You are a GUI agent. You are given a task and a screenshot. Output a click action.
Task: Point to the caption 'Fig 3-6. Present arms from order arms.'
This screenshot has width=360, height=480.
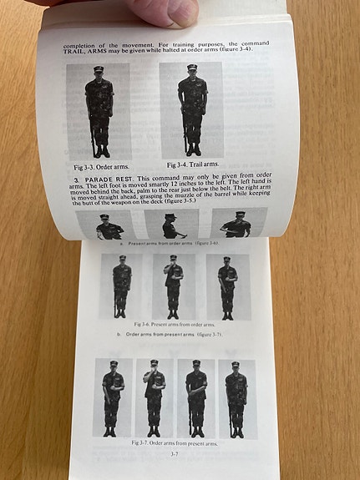[x=174, y=323]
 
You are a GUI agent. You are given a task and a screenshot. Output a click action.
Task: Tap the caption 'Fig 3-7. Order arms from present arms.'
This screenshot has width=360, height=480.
[x=174, y=443]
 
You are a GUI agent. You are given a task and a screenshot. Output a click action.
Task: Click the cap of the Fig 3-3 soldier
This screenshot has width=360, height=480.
[x=99, y=70]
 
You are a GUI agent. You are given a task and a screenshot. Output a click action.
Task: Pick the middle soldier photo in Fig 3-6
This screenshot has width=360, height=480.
[x=174, y=285]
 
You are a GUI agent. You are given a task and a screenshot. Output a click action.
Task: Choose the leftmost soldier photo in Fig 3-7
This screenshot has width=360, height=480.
[x=113, y=398]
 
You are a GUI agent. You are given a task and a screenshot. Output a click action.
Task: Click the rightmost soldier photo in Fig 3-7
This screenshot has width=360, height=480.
[x=236, y=398]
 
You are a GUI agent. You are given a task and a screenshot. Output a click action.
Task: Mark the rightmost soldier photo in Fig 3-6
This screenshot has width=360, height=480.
[x=226, y=285]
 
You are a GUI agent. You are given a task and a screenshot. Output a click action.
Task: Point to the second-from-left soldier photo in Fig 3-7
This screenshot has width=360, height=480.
[x=154, y=398]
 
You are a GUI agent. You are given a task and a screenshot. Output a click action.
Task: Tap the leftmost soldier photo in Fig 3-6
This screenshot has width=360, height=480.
[x=122, y=285]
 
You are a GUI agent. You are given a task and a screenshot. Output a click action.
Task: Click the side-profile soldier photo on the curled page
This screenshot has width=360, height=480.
[x=171, y=225]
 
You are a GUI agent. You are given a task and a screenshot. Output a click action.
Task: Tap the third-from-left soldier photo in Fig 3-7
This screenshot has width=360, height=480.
[x=195, y=398]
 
